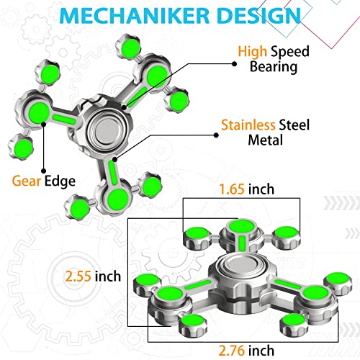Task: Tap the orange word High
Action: tap(254, 51)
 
